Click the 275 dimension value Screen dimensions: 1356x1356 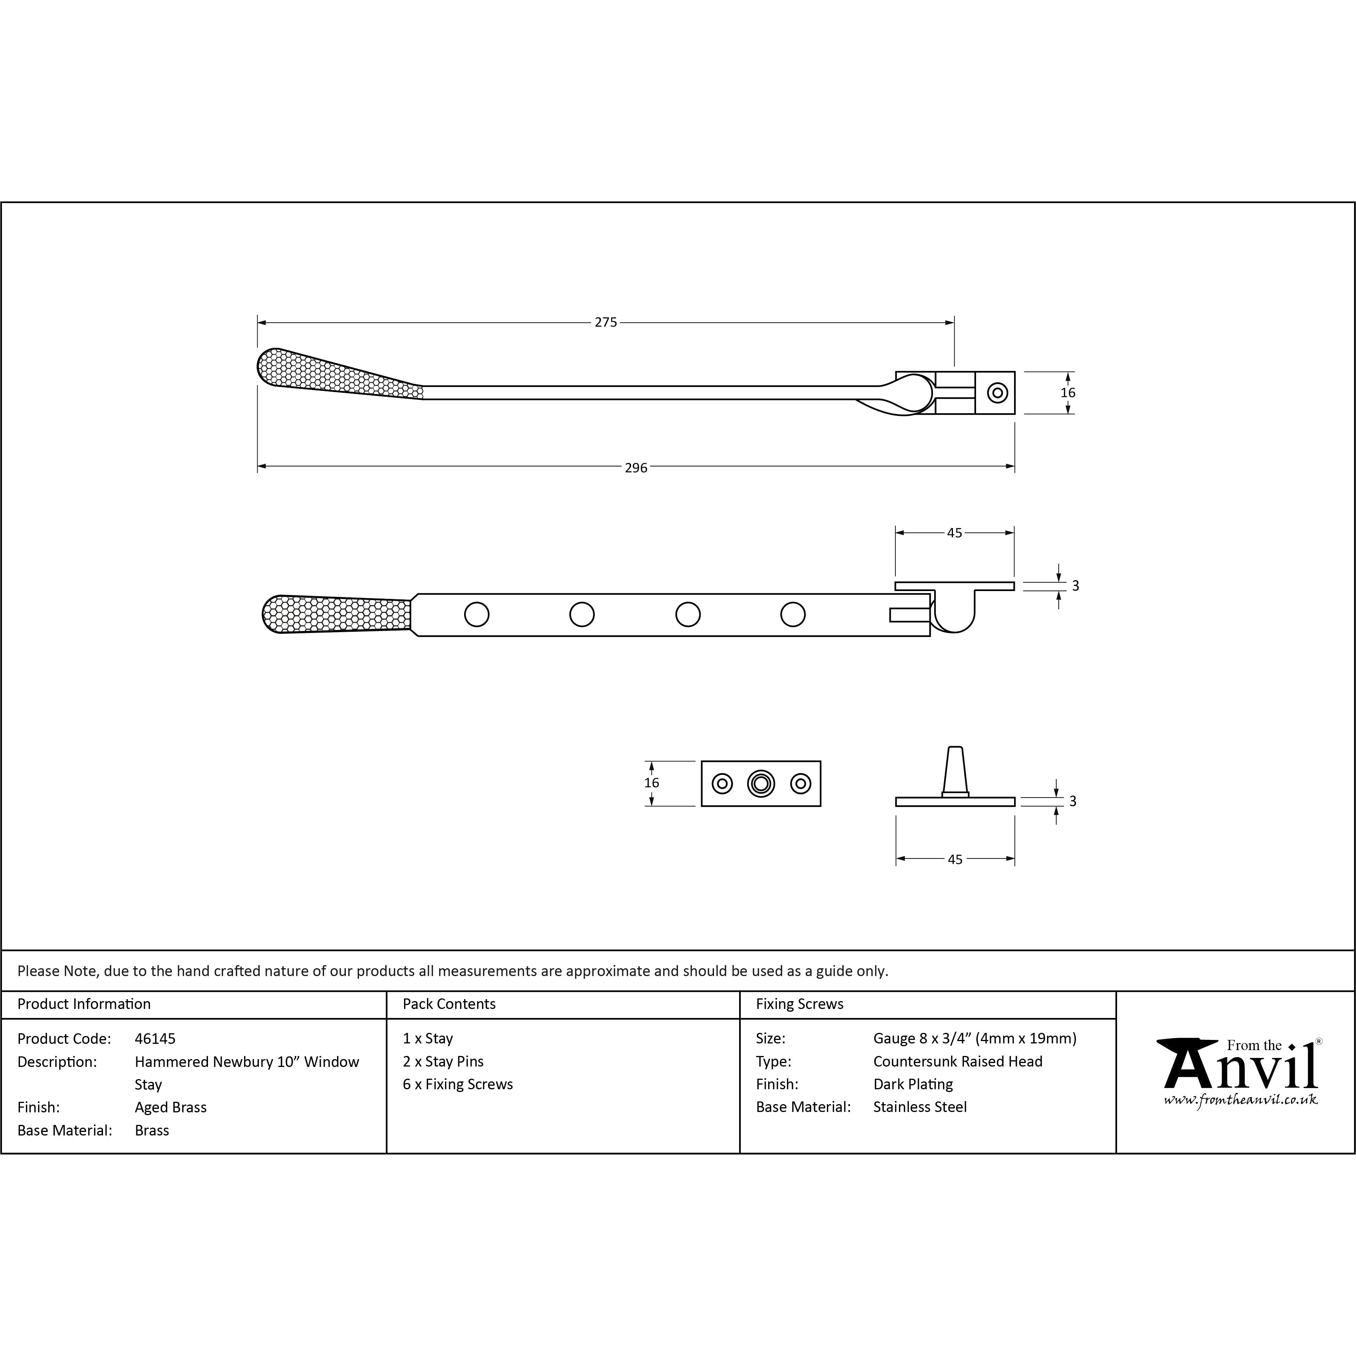click(606, 322)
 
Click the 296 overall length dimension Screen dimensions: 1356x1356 click(636, 467)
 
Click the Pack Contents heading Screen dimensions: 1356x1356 click(449, 1003)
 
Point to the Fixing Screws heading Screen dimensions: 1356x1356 click(799, 1003)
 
